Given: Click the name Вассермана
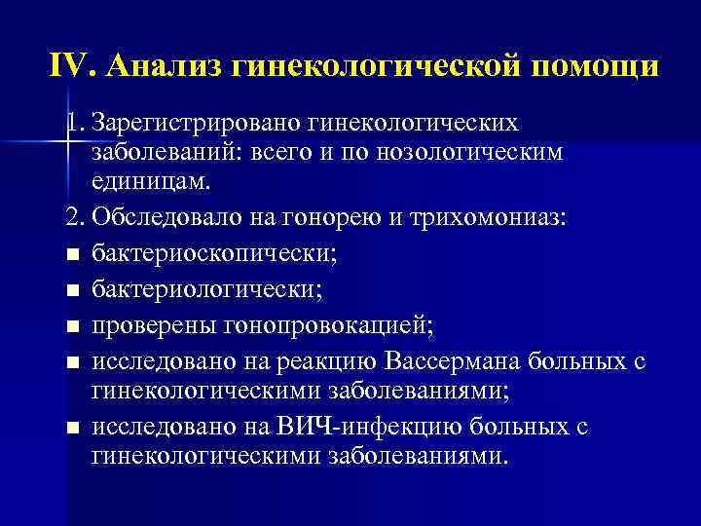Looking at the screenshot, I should tap(454, 362).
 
